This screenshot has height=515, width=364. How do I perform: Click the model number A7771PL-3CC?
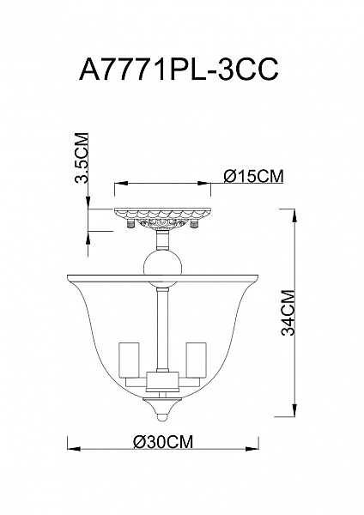[179, 70]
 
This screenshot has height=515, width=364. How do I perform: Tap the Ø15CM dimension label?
[253, 176]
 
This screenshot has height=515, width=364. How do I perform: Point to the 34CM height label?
[288, 312]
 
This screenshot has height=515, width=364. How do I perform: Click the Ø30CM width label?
[163, 442]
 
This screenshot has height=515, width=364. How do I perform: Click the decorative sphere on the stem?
[162, 268]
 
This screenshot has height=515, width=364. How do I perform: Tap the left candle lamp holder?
[129, 360]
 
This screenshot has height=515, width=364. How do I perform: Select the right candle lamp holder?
[197, 360]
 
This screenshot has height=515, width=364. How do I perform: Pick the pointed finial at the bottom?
[162, 409]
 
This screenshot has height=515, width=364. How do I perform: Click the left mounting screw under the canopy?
[130, 224]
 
